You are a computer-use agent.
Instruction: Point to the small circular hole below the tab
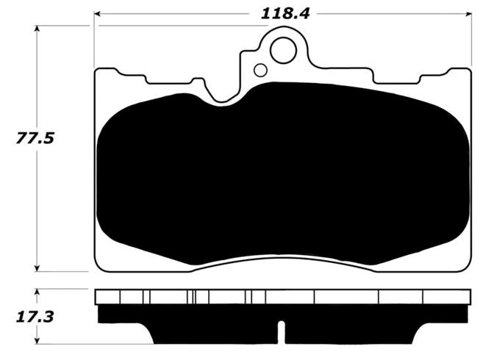pos(259,71)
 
